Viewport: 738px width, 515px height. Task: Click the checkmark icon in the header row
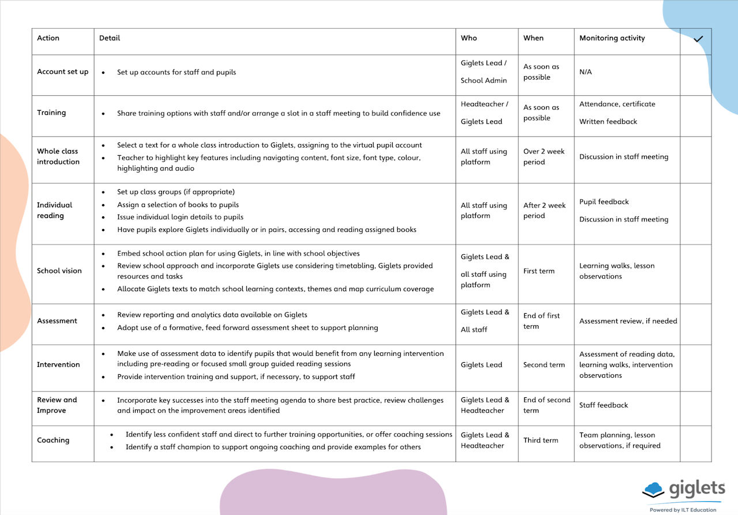click(698, 39)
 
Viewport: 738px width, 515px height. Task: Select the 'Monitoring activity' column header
click(612, 38)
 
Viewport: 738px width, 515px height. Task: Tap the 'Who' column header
click(469, 38)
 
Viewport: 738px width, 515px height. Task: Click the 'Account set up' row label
click(63, 72)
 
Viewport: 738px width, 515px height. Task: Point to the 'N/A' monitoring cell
click(585, 72)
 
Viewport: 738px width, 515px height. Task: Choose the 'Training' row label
click(51, 112)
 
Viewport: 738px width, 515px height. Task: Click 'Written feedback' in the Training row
click(608, 122)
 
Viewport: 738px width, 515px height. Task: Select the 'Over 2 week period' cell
click(544, 157)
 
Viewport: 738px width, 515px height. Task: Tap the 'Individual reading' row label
click(54, 210)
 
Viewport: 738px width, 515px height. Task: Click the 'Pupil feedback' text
click(604, 202)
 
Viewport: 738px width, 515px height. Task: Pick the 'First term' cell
click(539, 270)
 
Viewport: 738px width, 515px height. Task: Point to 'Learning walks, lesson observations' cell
click(616, 271)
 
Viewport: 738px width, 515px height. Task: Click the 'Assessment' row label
click(57, 321)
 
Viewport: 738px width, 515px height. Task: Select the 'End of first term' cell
click(541, 321)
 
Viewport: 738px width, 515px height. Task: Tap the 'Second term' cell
click(544, 364)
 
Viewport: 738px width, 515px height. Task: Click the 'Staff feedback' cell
click(604, 405)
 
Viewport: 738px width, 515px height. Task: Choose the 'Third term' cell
click(540, 440)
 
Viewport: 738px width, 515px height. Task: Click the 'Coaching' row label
click(53, 440)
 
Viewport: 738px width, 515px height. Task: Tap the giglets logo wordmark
click(696, 490)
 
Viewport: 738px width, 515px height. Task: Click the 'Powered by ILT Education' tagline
click(683, 510)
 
